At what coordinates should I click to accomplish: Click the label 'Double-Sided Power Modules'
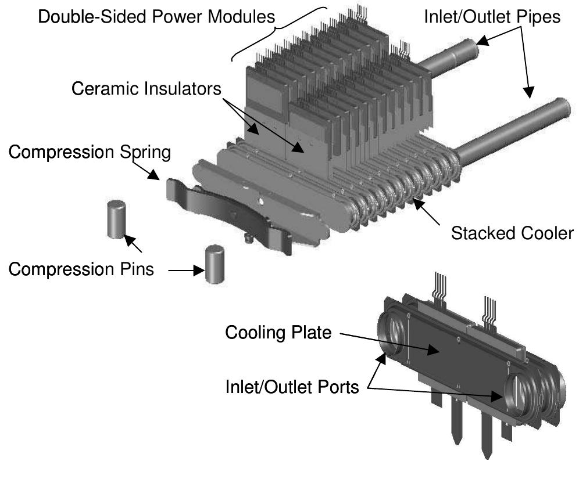[156, 16]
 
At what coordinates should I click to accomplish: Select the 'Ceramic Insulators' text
[147, 88]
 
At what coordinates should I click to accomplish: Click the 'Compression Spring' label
[90, 153]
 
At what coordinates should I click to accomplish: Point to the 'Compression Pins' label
[81, 269]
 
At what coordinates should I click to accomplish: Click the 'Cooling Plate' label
[278, 333]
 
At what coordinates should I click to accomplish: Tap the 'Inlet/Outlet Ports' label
[292, 387]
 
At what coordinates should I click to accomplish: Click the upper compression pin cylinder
[117, 219]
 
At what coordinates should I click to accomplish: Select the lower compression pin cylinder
[215, 264]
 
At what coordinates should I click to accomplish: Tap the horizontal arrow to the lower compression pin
[184, 270]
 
